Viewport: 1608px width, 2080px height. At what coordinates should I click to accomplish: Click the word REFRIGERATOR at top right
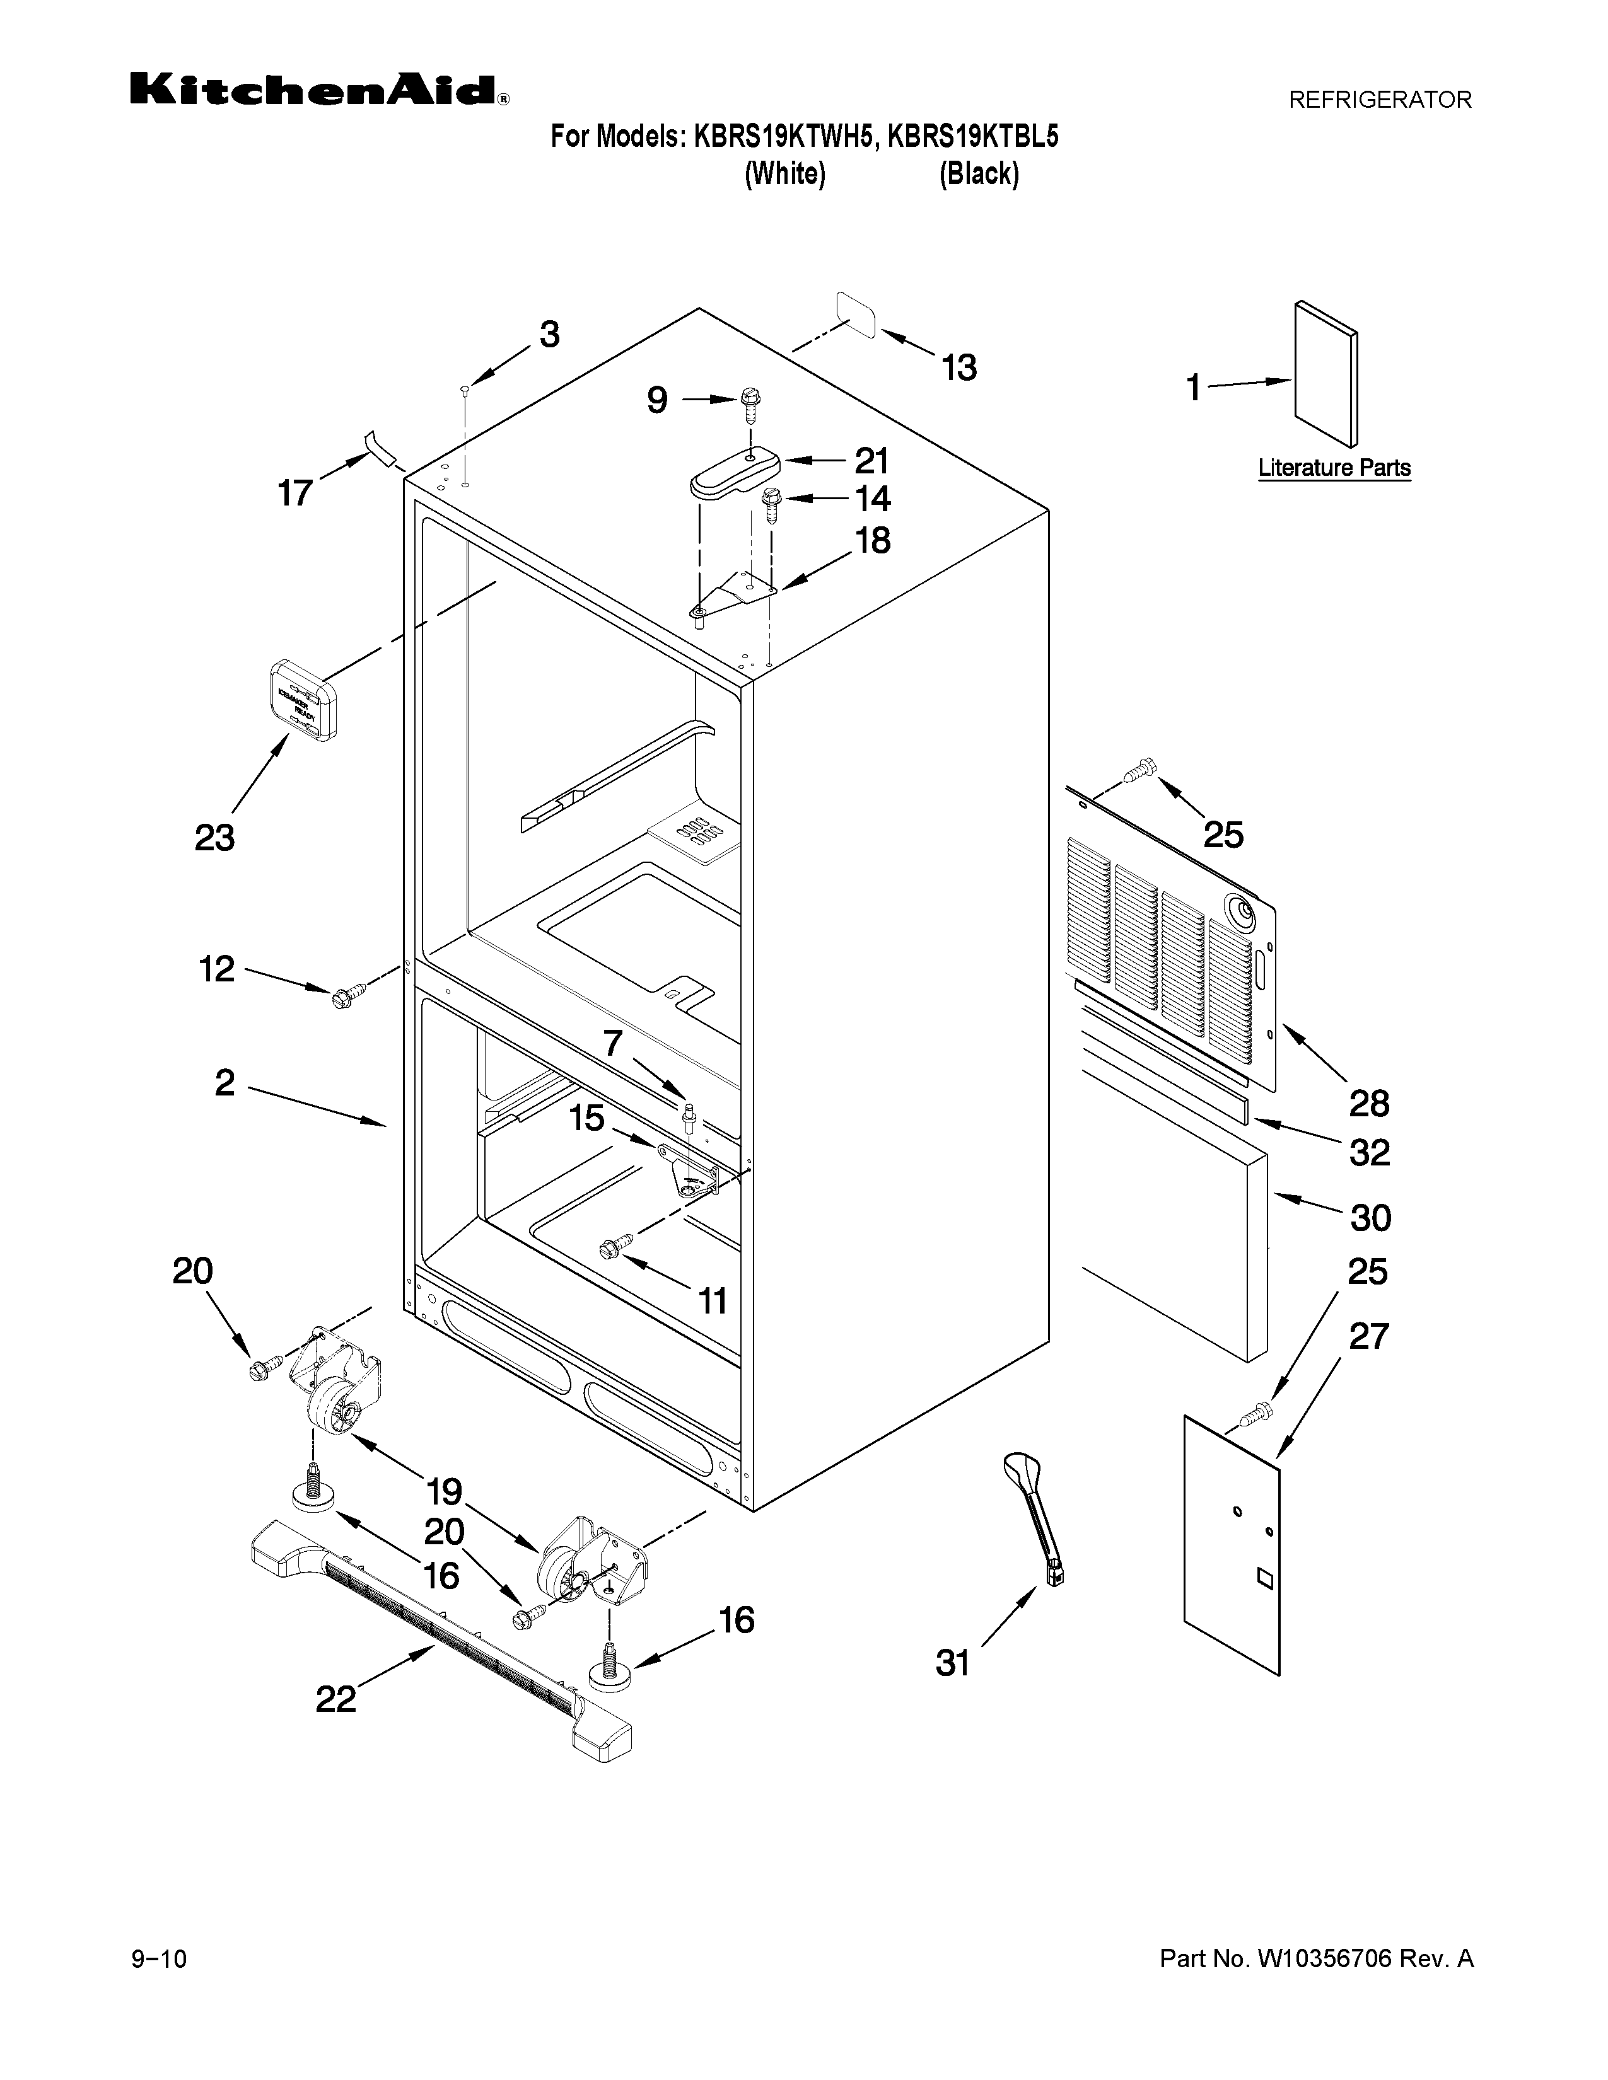tap(1379, 99)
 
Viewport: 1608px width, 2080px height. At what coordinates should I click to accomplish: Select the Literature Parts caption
tap(1334, 468)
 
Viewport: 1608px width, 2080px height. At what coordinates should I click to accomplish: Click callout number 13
tap(959, 367)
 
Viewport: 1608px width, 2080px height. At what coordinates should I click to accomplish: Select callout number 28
tap(1369, 1104)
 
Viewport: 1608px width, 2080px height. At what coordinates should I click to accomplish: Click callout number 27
tap(1369, 1336)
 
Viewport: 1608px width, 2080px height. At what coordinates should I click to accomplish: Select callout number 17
tap(294, 494)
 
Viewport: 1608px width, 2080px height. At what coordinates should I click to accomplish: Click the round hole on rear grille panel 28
tap(1244, 911)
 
